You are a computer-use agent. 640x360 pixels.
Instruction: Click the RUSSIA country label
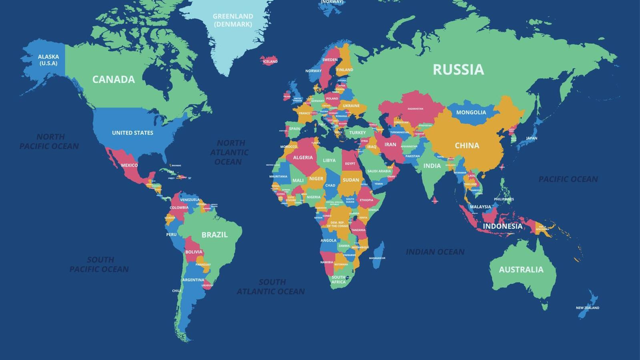(458, 69)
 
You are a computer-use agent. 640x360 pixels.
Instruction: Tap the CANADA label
(113, 79)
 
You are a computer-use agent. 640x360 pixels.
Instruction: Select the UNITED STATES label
(132, 133)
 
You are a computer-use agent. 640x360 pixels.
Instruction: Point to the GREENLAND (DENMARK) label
(233, 20)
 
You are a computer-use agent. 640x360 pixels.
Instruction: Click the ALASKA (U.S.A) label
(48, 60)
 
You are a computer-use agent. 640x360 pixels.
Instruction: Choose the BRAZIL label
(214, 235)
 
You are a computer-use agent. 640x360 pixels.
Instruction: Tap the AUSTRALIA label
(521, 270)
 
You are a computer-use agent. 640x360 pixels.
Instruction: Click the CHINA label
(467, 146)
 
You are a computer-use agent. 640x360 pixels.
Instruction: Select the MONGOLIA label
(471, 113)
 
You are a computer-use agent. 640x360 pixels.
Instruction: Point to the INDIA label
(432, 166)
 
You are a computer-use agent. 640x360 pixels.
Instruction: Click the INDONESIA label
(502, 226)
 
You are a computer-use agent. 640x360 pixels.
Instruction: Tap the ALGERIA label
(303, 157)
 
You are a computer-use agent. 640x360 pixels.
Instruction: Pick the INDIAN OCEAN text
(435, 252)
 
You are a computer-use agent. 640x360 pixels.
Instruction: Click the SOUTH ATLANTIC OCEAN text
(271, 286)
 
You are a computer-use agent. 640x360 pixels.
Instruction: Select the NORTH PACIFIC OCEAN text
(49, 141)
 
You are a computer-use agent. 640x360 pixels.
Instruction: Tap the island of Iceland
(270, 60)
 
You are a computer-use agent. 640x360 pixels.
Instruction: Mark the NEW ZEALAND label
(587, 308)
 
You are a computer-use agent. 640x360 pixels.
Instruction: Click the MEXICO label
(129, 165)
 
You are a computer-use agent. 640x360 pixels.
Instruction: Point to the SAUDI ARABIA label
(379, 171)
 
